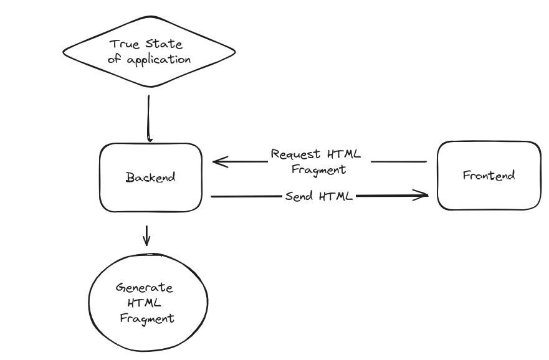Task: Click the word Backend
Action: pyautogui.click(x=151, y=177)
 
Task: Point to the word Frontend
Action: pyautogui.click(x=489, y=176)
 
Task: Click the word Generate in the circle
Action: pyautogui.click(x=145, y=288)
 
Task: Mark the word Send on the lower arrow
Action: pyautogui.click(x=299, y=196)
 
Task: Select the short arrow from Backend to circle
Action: pyautogui.click(x=146, y=235)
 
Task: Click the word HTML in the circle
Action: pyautogui.click(x=145, y=303)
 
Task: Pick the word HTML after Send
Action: pyautogui.click(x=337, y=196)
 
